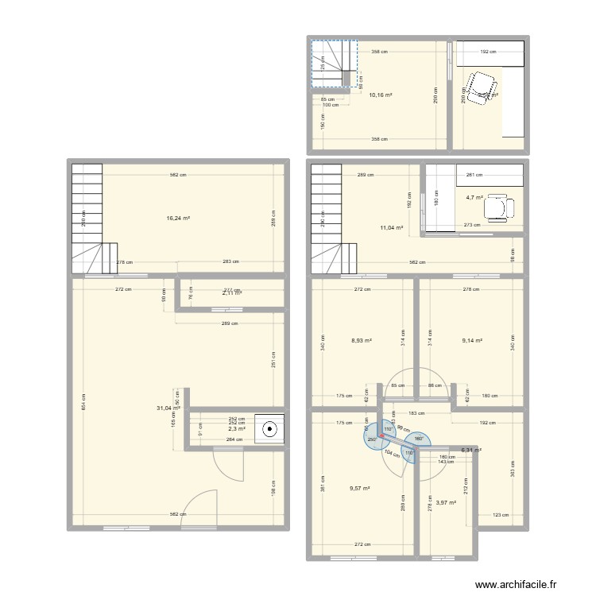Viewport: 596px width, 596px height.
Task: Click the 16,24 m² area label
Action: tap(177, 218)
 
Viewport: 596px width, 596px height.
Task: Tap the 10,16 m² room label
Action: tap(381, 95)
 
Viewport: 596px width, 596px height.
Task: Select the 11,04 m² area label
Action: tap(393, 228)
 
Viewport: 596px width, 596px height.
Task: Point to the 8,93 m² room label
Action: tap(362, 341)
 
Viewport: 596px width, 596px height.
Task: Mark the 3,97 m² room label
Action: tap(445, 502)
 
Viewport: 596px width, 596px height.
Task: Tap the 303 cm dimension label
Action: tap(513, 468)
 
